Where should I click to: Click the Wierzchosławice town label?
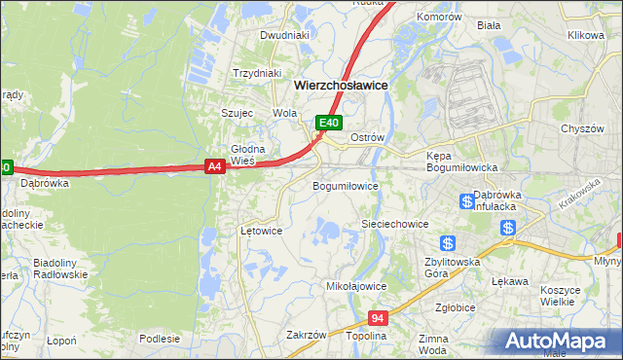point(341,86)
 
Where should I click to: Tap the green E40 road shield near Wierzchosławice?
point(329,123)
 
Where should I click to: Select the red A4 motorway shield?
point(216,167)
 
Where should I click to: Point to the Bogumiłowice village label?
point(345,185)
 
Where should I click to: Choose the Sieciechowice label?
point(395,224)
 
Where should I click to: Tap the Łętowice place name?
point(261,232)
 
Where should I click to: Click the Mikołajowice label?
point(356,287)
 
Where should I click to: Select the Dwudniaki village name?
point(284,35)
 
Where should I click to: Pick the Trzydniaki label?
point(257,73)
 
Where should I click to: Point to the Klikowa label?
point(586,35)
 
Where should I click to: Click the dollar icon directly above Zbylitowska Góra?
point(447,242)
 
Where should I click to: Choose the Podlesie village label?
point(160,339)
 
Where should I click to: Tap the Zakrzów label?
point(306,335)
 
